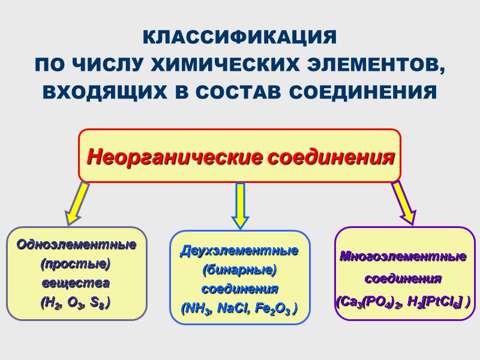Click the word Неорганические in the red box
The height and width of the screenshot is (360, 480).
[175, 157]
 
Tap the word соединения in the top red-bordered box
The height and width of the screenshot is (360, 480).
[330, 157]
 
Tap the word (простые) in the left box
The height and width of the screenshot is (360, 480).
[76, 263]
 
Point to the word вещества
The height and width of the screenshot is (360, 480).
[76, 283]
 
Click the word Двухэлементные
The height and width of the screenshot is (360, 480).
[239, 250]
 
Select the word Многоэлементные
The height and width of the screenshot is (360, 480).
[403, 257]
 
